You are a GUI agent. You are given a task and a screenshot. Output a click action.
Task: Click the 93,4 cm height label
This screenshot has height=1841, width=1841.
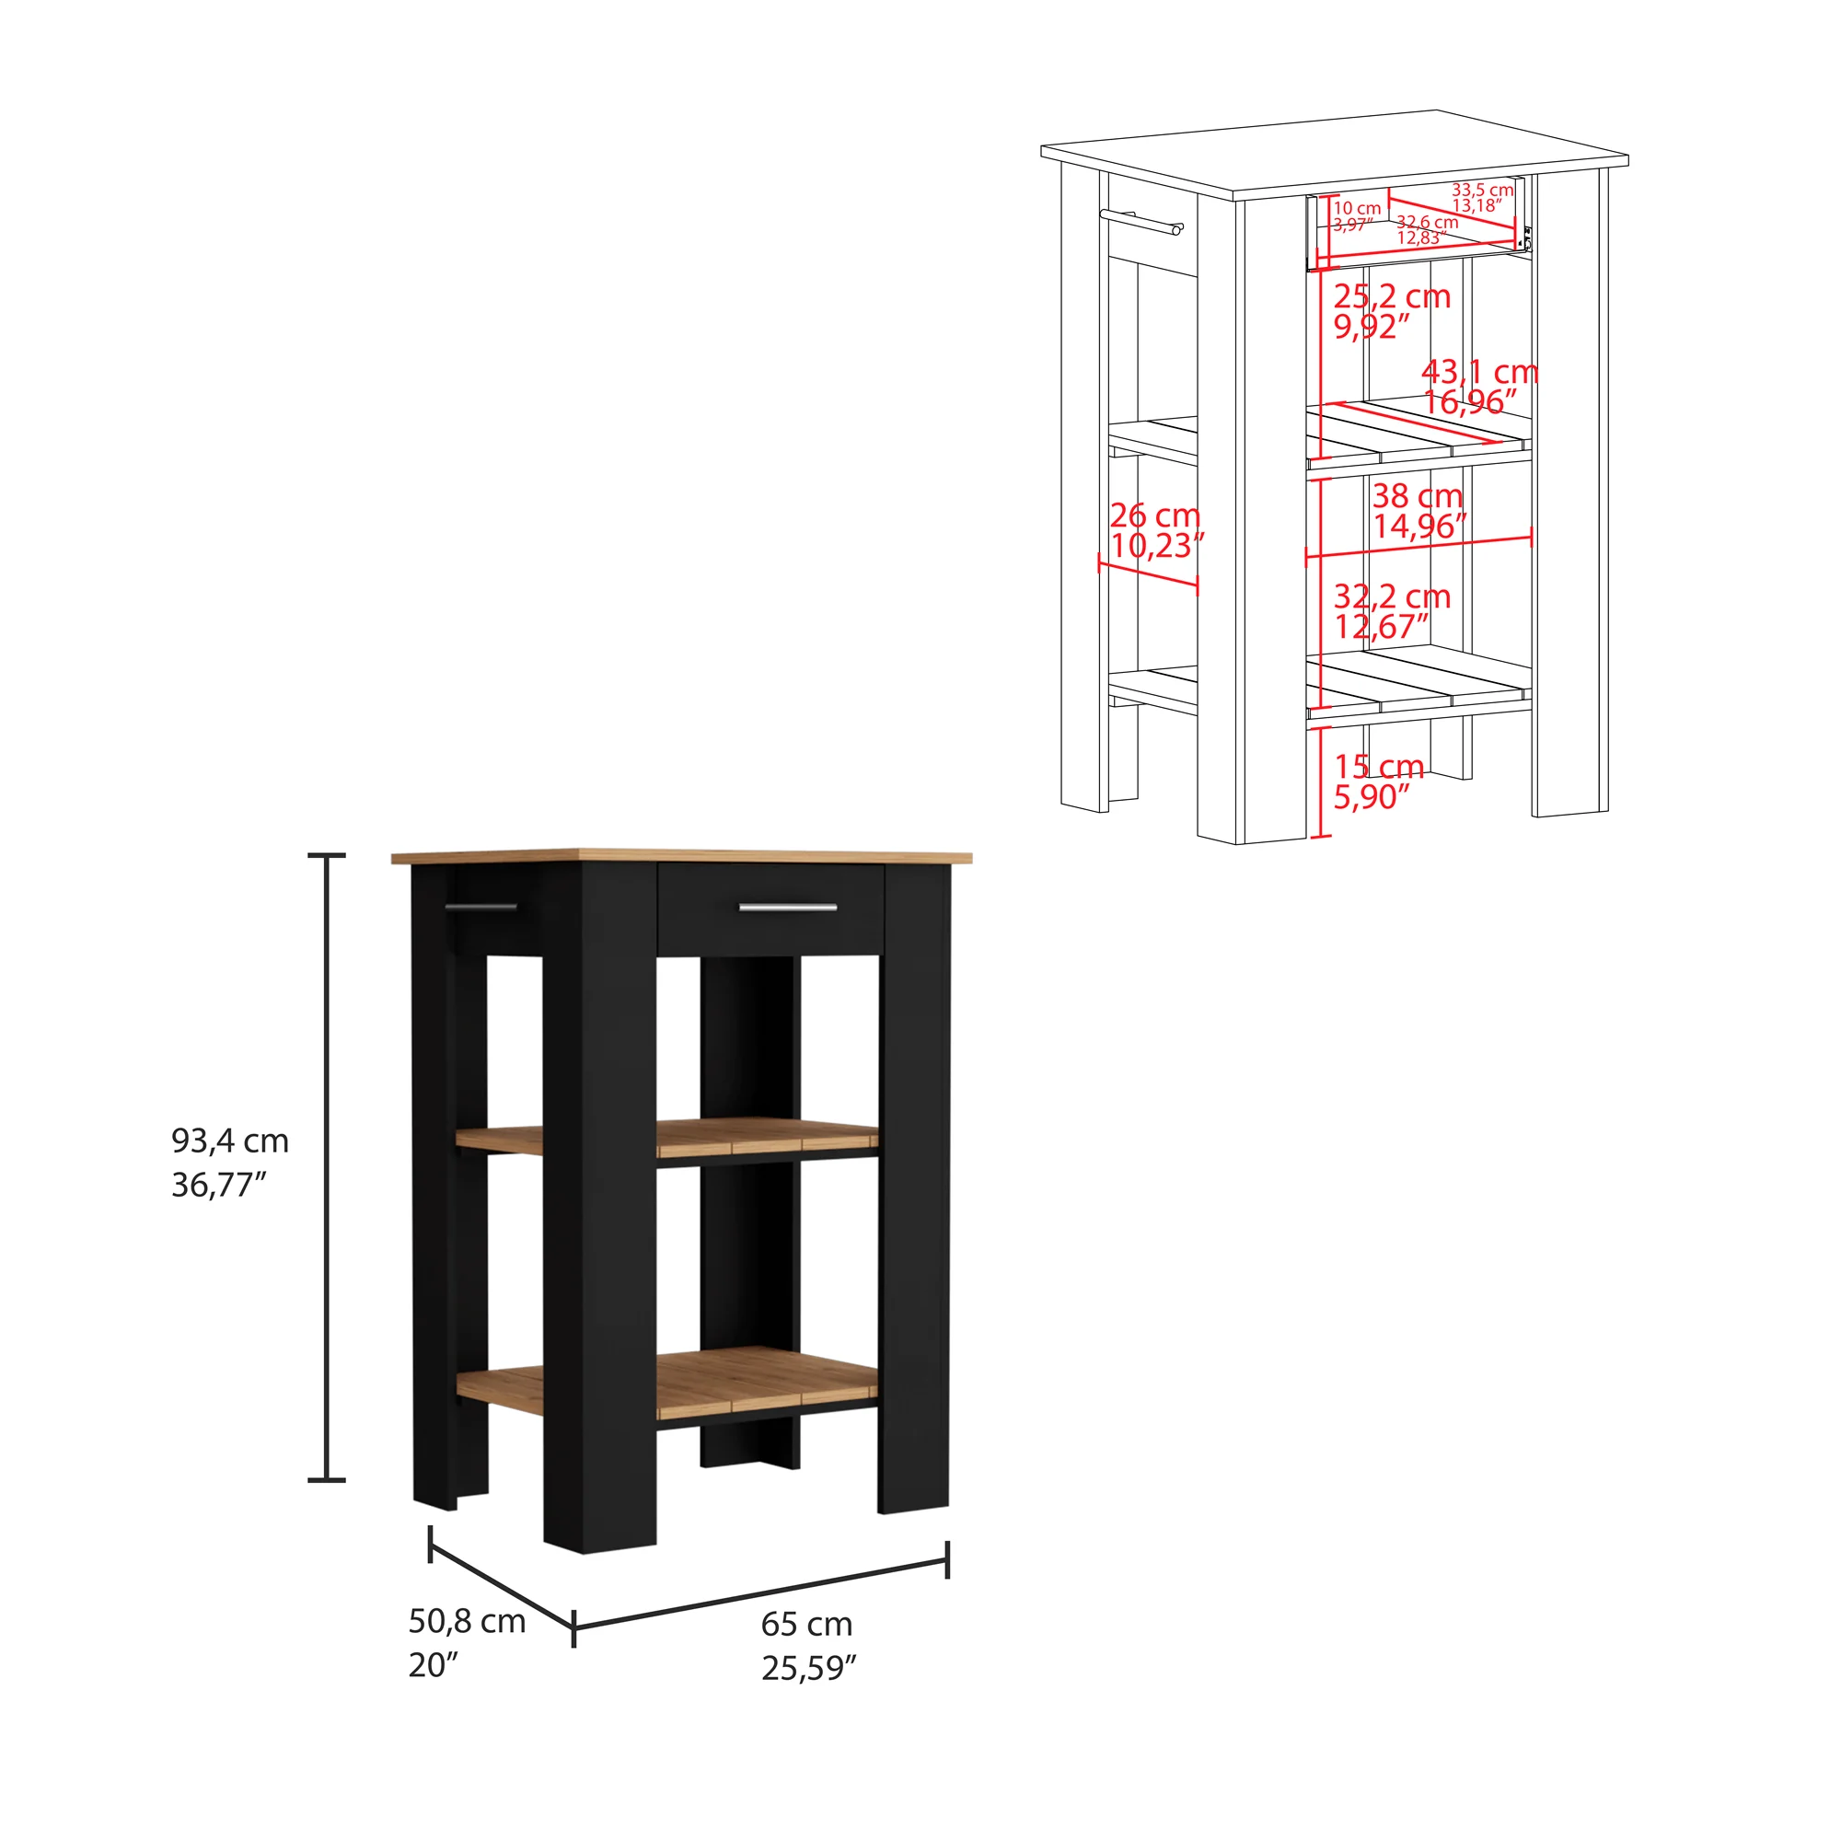[229, 1140]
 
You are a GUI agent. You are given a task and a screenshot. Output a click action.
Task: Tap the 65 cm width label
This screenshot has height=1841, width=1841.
[806, 1624]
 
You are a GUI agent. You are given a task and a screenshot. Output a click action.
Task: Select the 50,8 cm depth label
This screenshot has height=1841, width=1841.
[467, 1621]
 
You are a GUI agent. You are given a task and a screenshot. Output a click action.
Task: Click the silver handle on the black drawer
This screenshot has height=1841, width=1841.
[788, 908]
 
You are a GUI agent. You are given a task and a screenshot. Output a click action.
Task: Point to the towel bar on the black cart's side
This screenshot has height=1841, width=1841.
[481, 906]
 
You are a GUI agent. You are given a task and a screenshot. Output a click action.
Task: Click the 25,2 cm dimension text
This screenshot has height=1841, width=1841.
[1391, 296]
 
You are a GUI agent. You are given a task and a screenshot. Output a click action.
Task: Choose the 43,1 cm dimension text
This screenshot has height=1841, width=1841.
[1480, 372]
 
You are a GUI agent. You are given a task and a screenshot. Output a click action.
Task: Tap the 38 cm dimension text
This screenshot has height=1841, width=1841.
[1417, 495]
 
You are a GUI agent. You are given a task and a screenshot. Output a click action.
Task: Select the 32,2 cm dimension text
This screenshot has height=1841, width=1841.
[1391, 596]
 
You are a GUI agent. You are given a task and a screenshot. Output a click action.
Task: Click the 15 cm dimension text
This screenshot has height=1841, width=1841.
[1379, 766]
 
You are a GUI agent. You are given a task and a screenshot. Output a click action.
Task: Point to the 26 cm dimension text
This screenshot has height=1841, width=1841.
[1155, 515]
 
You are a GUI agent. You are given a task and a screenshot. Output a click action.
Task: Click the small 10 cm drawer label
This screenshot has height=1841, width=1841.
[1357, 208]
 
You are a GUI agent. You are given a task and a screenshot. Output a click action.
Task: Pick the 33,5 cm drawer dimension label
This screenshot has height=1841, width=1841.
[1483, 190]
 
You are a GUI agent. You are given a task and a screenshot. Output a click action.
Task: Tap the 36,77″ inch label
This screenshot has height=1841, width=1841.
[218, 1186]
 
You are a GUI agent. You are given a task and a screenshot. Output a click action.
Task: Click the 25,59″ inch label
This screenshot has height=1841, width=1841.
[809, 1669]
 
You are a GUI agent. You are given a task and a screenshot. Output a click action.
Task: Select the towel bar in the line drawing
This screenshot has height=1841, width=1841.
[1140, 221]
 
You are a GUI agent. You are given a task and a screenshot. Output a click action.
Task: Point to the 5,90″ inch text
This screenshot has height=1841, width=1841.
[1371, 796]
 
